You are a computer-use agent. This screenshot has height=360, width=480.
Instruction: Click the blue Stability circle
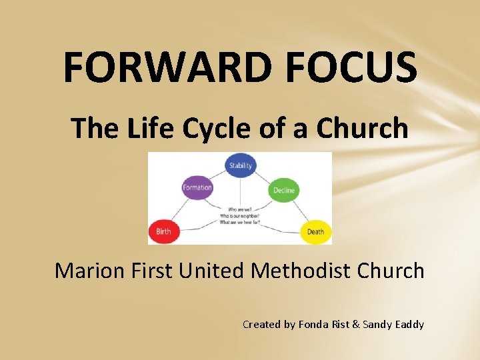(240, 165)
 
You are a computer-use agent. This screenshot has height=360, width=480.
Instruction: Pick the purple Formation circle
(197, 187)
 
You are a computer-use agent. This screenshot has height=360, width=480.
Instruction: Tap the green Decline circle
(283, 190)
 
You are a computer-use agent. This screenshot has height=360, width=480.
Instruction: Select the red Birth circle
(163, 231)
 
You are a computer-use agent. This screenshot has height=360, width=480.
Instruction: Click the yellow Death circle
(315, 232)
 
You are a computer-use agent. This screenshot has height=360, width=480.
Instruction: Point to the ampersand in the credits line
(355, 325)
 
